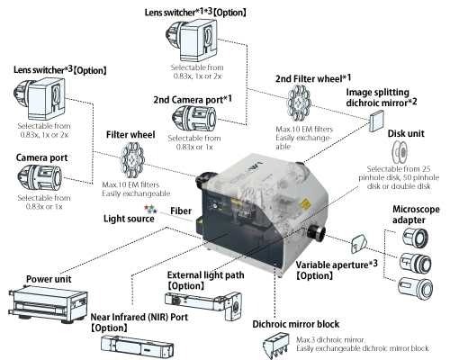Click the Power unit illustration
(x=41, y=302)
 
